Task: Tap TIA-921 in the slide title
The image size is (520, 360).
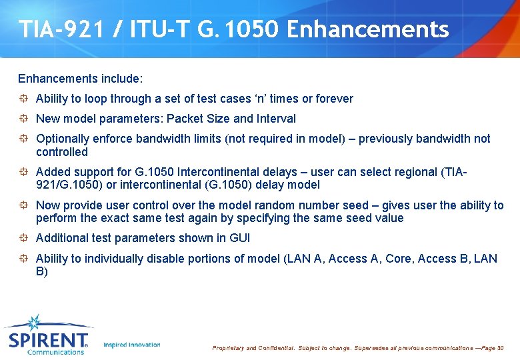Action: (x=55, y=29)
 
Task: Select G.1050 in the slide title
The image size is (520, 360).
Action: (x=237, y=29)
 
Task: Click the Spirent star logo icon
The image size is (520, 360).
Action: (x=33, y=323)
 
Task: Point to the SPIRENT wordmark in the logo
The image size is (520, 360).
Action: (x=48, y=341)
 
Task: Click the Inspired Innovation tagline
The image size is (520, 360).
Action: (x=132, y=345)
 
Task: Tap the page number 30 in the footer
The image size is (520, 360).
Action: (x=501, y=348)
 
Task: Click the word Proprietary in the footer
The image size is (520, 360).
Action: (x=228, y=348)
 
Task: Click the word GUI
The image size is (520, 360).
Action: (x=238, y=239)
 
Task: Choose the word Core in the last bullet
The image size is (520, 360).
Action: (x=398, y=259)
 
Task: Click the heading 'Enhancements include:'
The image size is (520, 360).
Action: (x=80, y=79)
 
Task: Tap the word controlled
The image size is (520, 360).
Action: (x=62, y=152)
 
